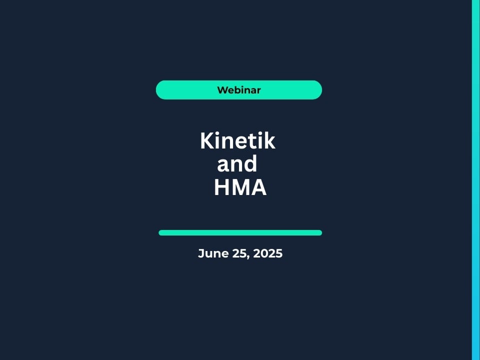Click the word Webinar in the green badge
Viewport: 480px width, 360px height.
point(239,90)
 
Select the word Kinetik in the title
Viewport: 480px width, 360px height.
point(237,141)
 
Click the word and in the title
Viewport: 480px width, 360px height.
point(237,163)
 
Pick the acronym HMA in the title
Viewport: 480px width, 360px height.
point(240,187)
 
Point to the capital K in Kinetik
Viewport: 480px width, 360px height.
point(207,141)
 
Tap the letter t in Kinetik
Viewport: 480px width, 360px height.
point(250,141)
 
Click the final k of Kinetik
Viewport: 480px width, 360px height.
point(269,140)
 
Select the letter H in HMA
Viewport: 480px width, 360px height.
point(221,187)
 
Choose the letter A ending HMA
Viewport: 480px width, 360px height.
point(258,187)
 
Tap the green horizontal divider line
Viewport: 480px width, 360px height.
point(240,232)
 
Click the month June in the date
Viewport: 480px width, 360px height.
point(213,253)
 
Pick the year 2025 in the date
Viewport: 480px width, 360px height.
point(268,253)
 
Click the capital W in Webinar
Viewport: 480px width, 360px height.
point(222,90)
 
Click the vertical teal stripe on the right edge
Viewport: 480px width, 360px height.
point(476,180)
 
